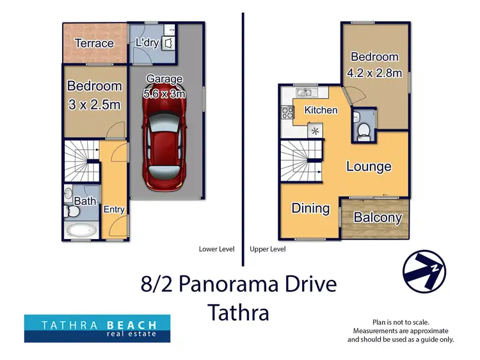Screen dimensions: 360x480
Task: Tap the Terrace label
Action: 94,44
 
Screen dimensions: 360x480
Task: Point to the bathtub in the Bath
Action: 81,230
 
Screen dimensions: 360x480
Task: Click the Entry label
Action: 113,209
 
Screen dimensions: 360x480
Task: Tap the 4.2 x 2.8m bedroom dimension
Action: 374,73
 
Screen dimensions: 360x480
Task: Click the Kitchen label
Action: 321,110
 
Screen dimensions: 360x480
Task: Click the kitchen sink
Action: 303,93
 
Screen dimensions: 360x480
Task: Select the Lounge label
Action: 369,167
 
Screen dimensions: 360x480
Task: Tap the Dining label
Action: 310,208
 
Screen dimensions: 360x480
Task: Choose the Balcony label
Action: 378,218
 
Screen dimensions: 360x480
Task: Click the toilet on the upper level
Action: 363,130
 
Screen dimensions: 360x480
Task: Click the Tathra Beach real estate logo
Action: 97,328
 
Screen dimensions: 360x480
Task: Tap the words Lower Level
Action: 216,249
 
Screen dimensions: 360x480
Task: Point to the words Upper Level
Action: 268,249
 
